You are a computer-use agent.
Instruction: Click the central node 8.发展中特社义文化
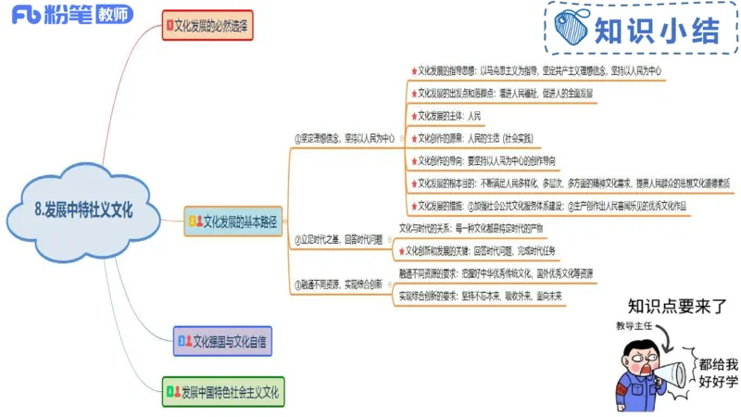pos(84,210)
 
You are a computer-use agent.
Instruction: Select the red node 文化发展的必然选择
pos(207,25)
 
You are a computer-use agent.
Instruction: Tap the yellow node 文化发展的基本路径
pos(232,222)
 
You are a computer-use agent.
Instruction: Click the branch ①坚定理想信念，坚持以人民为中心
pos(343,138)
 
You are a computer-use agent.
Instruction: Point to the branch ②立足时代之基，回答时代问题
pos(337,239)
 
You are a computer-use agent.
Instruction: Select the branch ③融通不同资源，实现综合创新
pos(337,284)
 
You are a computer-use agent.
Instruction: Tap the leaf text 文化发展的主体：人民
pos(449,116)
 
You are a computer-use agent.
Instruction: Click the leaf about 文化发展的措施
pos(551,206)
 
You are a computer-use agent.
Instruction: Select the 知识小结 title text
pos(657,32)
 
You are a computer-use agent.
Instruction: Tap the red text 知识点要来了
pos(676,306)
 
